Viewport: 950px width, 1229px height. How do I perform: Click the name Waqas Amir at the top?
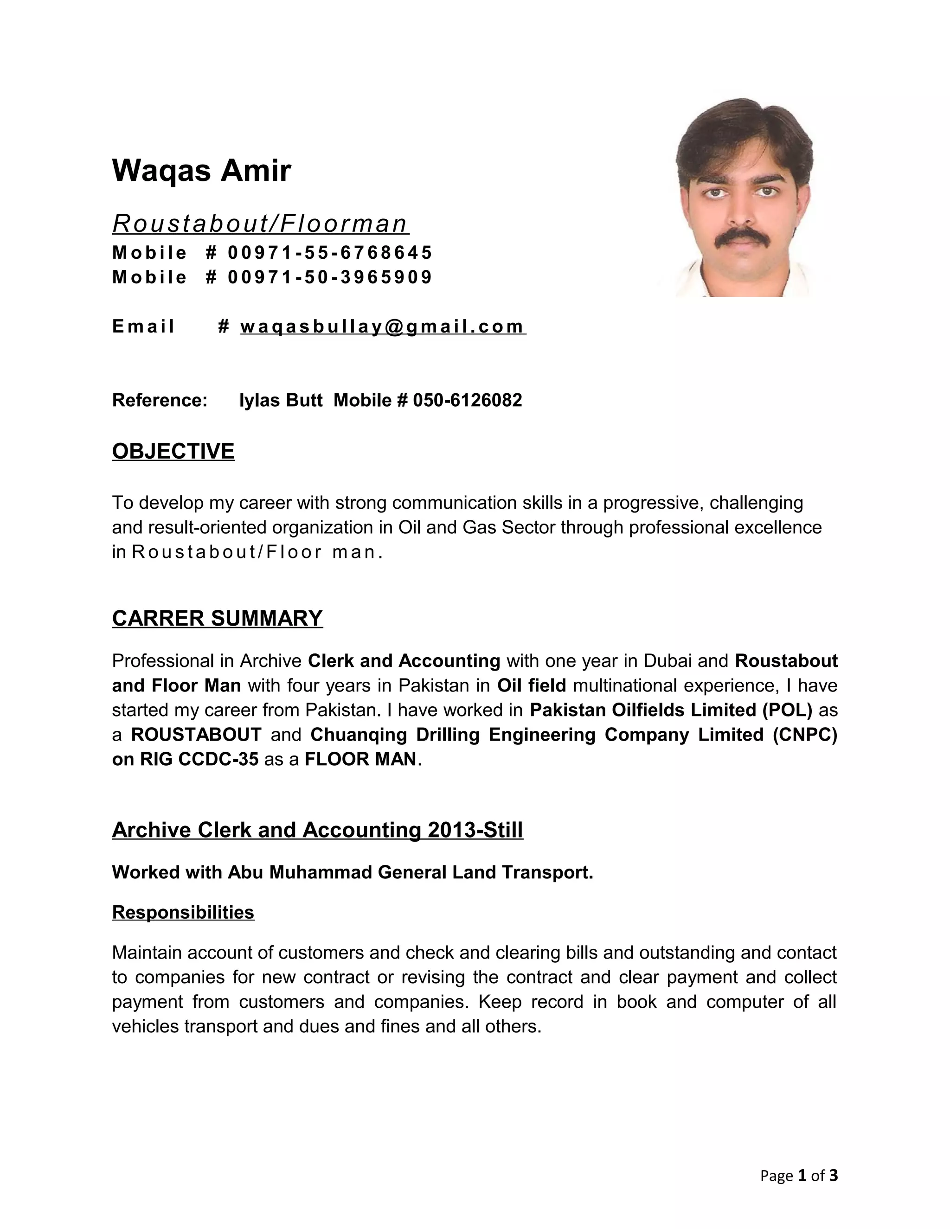click(201, 171)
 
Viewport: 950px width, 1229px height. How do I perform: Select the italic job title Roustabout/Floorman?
click(260, 224)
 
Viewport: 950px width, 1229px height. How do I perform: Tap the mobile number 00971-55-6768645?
click(330, 253)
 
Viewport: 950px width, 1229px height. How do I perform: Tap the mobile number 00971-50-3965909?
click(330, 277)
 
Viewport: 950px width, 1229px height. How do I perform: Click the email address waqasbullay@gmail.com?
click(383, 326)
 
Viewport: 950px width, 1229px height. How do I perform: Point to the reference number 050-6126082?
click(467, 400)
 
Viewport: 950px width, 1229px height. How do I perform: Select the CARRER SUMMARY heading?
click(217, 618)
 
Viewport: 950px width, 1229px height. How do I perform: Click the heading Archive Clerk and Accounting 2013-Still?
click(317, 830)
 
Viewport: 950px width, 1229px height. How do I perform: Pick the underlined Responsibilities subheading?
click(183, 912)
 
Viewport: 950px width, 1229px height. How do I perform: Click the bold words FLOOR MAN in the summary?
click(360, 760)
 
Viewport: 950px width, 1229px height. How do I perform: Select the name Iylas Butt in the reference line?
click(281, 400)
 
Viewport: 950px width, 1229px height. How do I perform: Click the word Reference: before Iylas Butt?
click(160, 400)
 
